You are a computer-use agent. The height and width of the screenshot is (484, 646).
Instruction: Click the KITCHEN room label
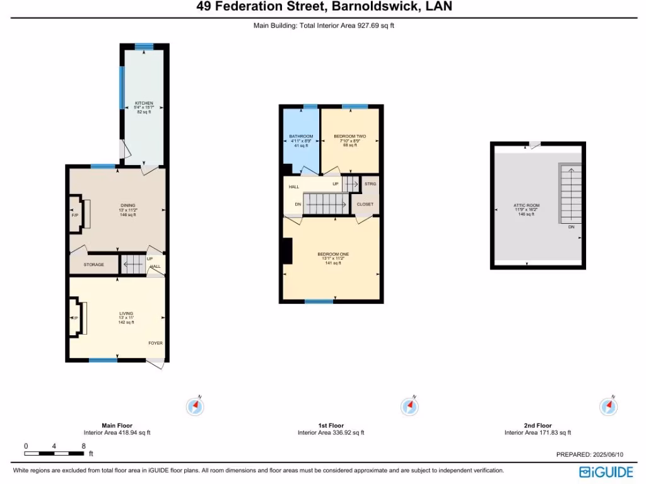click(x=144, y=103)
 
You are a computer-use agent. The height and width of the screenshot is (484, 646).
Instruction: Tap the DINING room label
click(x=128, y=205)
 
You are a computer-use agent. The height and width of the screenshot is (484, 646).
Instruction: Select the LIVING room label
click(x=126, y=313)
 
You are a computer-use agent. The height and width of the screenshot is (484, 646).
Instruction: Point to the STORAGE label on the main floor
click(x=94, y=265)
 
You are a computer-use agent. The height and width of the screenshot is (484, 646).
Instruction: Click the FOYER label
click(x=155, y=343)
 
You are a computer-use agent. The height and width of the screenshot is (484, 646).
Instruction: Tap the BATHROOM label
click(x=301, y=136)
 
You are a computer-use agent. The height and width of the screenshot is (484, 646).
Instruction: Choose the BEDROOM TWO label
click(x=349, y=136)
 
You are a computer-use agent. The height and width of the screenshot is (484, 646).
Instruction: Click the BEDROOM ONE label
click(x=332, y=254)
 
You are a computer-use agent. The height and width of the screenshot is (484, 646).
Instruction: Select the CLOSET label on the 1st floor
click(x=365, y=204)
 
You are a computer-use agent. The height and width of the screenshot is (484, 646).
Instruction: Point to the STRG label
click(x=370, y=184)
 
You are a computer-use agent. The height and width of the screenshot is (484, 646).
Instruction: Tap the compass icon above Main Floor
click(x=195, y=406)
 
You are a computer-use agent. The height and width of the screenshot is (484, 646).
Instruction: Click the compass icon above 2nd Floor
click(x=608, y=406)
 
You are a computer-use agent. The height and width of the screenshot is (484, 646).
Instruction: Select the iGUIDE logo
click(x=607, y=471)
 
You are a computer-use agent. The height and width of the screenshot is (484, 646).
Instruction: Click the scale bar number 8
click(x=83, y=446)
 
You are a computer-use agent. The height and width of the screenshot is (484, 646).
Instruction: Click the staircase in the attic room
click(x=570, y=192)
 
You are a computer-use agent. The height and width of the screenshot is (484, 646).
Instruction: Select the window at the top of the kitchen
click(x=144, y=46)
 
